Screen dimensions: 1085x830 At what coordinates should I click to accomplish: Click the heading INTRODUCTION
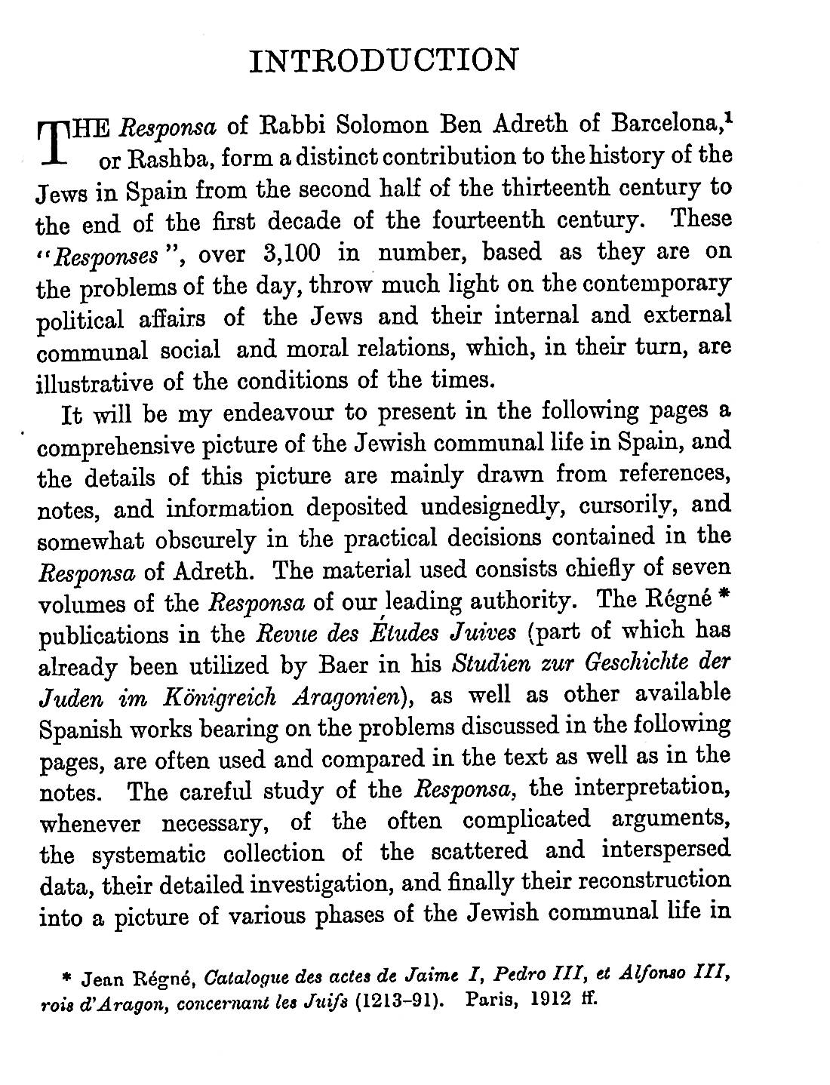[x=384, y=60]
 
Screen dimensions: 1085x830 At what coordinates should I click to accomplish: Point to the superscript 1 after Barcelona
[x=728, y=115]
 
